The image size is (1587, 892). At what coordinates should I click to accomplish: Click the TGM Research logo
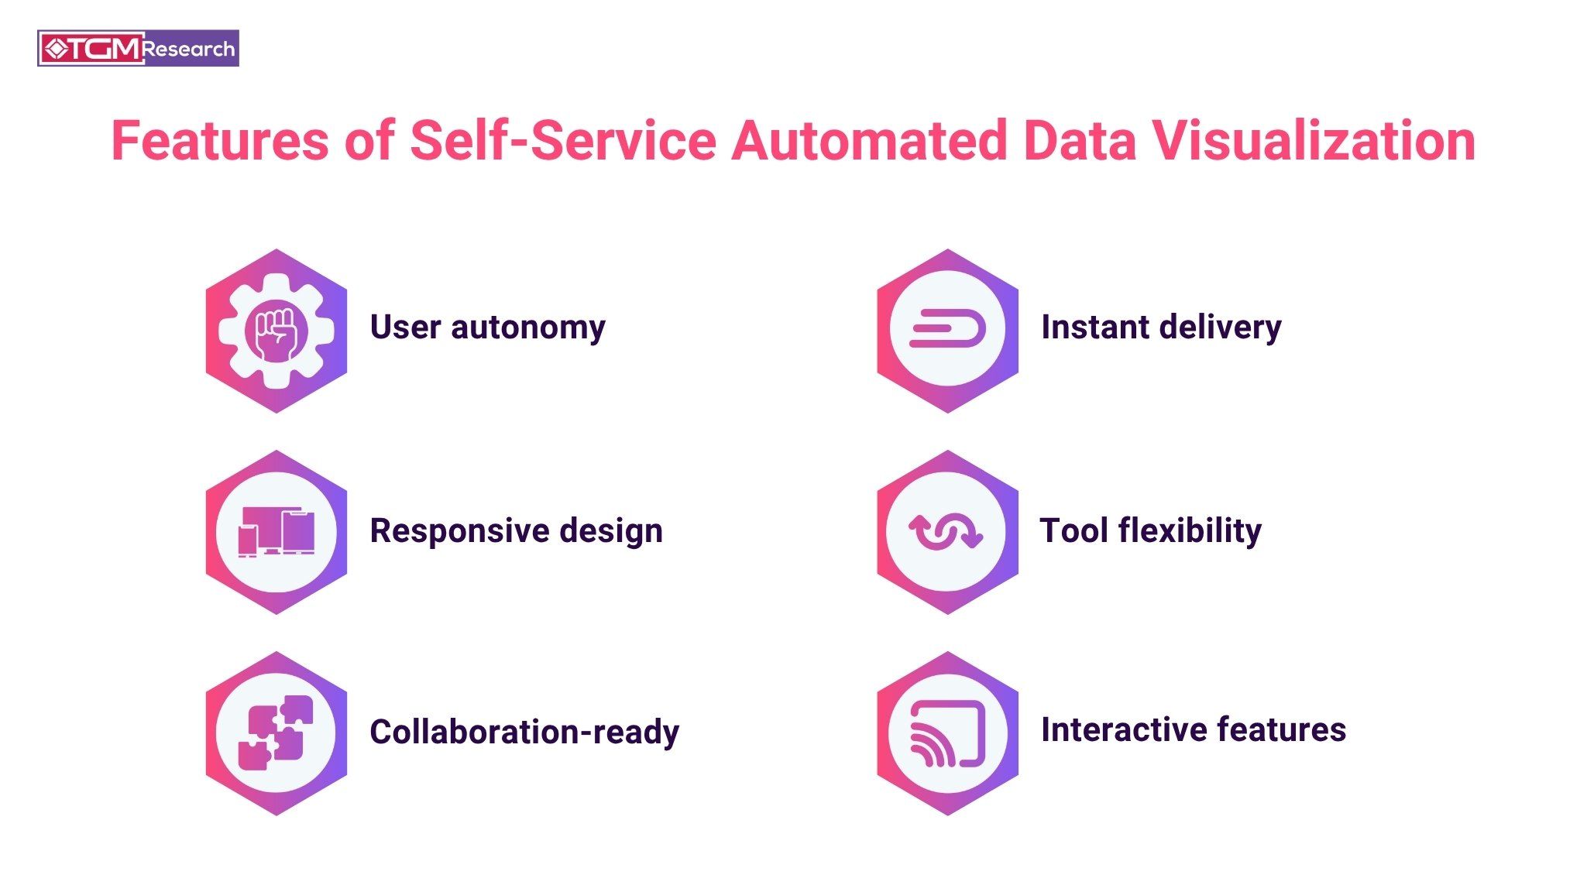click(138, 49)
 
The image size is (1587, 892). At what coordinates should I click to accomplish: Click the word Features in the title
click(220, 141)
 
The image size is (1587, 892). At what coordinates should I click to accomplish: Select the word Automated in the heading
click(868, 141)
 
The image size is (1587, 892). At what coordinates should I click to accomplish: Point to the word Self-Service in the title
click(563, 141)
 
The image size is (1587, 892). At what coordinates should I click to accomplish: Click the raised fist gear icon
click(277, 331)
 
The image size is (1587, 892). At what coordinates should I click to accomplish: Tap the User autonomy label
click(487, 327)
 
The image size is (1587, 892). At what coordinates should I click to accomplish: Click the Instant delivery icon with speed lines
click(947, 331)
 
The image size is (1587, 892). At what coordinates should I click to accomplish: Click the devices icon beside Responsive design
click(277, 532)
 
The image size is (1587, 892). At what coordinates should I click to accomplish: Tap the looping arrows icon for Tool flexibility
click(946, 532)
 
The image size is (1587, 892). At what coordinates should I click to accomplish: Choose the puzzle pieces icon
click(277, 733)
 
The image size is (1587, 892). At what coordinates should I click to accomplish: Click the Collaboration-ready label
click(524, 732)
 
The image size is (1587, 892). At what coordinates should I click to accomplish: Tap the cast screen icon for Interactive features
click(947, 733)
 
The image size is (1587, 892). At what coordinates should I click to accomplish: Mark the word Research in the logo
click(189, 50)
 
